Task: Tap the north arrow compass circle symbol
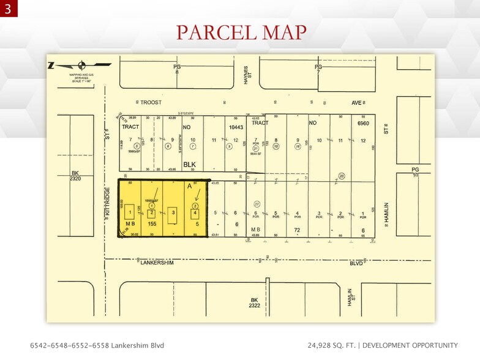point(83,66)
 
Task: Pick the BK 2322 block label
point(255,302)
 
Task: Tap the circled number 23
point(342,176)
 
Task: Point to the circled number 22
point(257,204)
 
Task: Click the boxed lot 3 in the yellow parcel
point(174,212)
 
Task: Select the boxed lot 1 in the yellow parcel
point(130,213)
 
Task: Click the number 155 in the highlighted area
point(153,225)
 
